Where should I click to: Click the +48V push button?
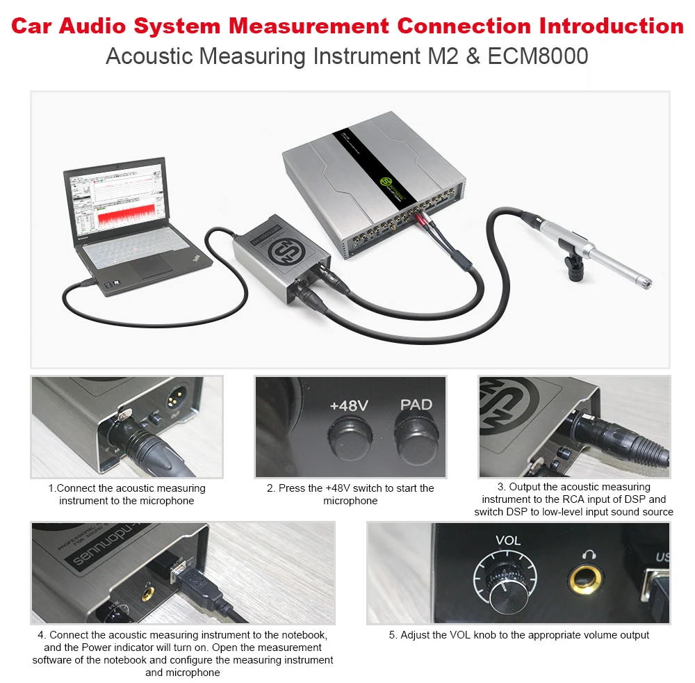(x=350, y=439)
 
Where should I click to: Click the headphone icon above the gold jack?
(x=589, y=554)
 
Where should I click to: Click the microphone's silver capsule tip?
(x=644, y=281)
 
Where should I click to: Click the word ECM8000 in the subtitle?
(x=538, y=56)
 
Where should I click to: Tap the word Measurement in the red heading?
(x=309, y=26)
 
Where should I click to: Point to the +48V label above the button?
(x=349, y=405)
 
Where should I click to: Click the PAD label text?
(x=416, y=405)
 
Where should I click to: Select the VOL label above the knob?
(x=508, y=540)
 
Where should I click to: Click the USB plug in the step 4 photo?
(x=200, y=586)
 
